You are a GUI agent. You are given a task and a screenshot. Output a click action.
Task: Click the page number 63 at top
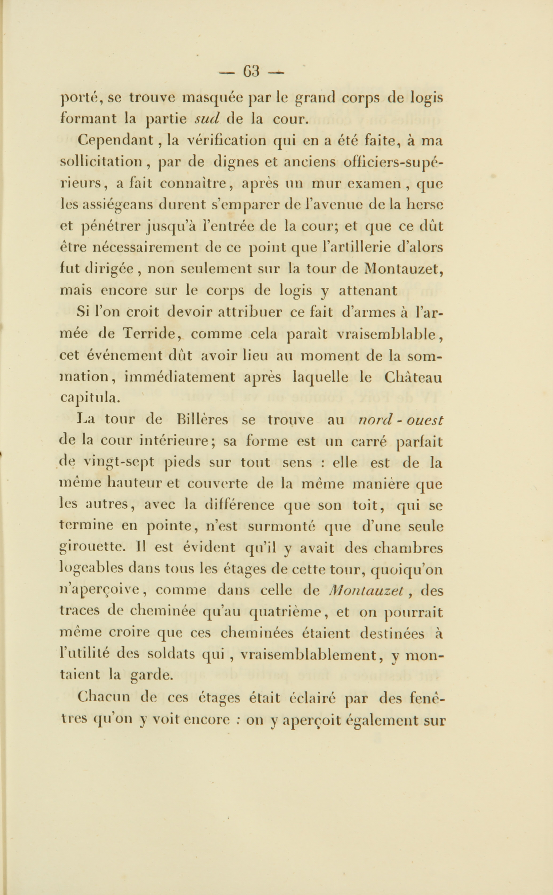(x=251, y=71)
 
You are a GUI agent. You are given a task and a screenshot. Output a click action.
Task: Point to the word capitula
(x=89, y=398)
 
